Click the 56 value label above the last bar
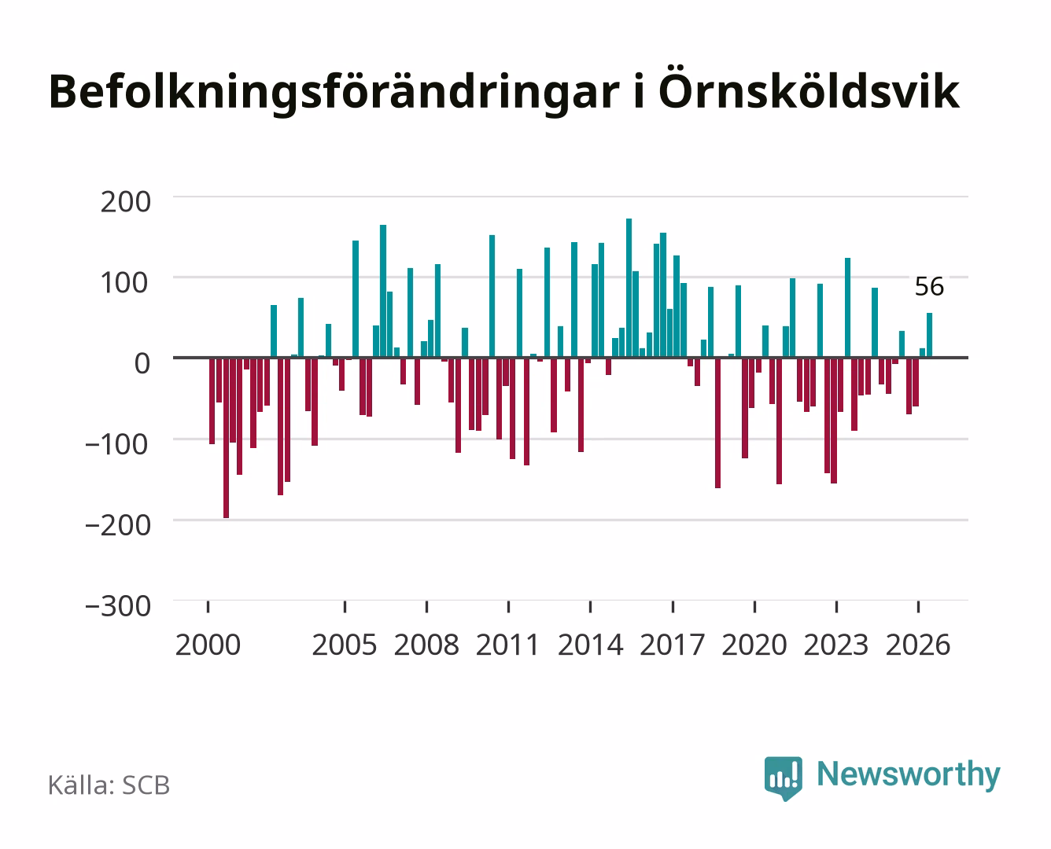click(929, 286)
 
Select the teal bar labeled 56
click(929, 335)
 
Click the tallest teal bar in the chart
click(629, 288)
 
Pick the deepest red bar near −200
click(226, 438)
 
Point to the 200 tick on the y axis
click(125, 202)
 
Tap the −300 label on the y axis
click(118, 606)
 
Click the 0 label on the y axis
click(142, 364)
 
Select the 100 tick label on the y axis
click(124, 283)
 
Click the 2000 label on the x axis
click(208, 645)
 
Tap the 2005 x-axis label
click(345, 645)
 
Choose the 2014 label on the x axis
click(590, 645)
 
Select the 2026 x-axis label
click(918, 645)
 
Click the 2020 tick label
click(754, 645)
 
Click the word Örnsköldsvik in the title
click(809, 92)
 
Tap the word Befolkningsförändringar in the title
click(334, 93)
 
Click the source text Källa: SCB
click(109, 785)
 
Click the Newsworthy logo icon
click(783, 778)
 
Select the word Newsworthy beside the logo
click(909, 775)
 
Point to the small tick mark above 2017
click(673, 606)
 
